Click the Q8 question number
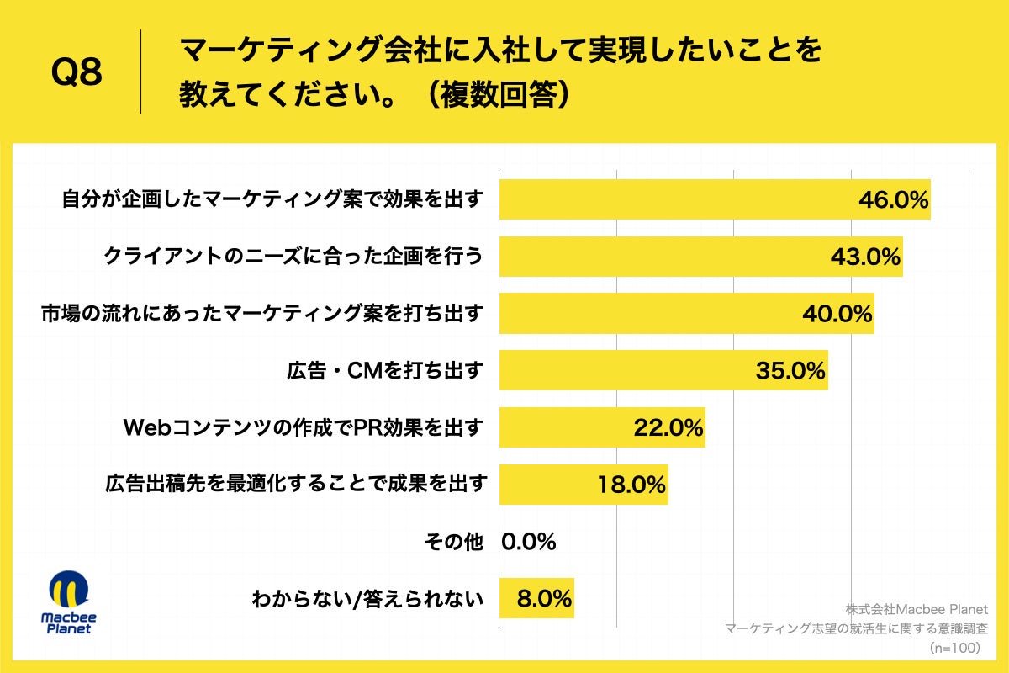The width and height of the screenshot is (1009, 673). (x=77, y=73)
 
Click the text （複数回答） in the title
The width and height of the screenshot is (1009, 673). (x=495, y=94)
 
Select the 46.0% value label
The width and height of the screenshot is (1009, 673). (x=893, y=200)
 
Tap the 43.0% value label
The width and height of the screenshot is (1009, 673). (x=865, y=257)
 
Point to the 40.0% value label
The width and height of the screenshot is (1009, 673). (x=837, y=315)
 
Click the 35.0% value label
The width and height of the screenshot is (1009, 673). (x=790, y=371)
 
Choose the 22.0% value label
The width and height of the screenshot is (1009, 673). (x=668, y=428)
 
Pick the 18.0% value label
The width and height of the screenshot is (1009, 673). (x=631, y=485)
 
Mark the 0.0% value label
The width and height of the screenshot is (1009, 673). (x=529, y=542)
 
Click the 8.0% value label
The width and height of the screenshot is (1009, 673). (x=544, y=599)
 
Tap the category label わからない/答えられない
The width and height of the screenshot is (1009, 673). (x=367, y=600)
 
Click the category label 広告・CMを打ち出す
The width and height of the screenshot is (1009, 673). (x=385, y=371)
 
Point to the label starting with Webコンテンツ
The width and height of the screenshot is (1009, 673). (x=304, y=428)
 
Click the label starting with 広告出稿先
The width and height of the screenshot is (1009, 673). (x=296, y=485)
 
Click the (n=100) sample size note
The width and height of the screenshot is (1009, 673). (x=959, y=649)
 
